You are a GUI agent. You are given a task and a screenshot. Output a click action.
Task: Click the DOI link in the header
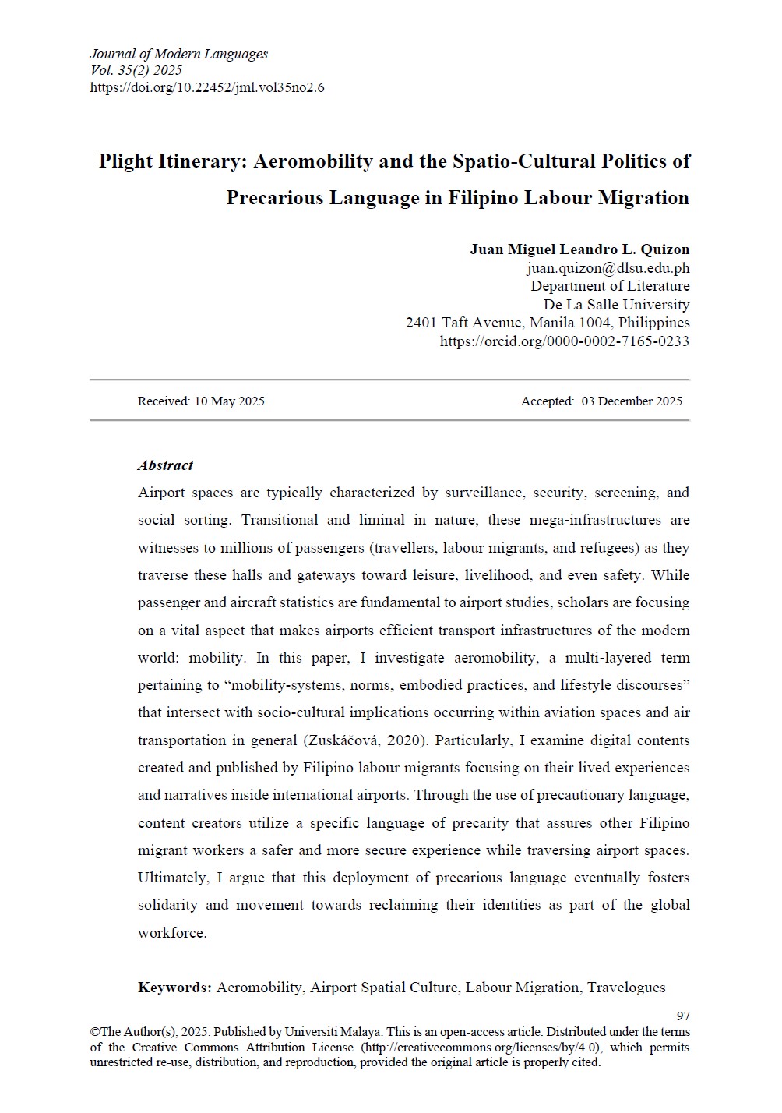click(207, 88)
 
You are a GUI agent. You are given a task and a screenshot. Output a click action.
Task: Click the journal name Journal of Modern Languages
click(178, 54)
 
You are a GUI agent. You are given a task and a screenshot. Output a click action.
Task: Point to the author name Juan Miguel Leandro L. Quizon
click(579, 249)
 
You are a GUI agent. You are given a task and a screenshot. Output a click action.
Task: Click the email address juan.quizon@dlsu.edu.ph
click(608, 268)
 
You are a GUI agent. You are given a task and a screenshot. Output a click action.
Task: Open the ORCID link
click(564, 341)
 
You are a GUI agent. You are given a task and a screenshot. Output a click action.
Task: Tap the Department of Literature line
click(610, 286)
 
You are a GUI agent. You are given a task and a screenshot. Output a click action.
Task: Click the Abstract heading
click(165, 465)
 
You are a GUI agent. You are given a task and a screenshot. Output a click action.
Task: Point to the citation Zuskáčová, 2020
click(368, 740)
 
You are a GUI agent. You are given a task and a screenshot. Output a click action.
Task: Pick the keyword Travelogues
click(626, 988)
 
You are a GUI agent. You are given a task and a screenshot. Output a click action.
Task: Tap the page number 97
click(683, 1016)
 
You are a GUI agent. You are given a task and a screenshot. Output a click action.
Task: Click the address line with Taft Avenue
click(548, 323)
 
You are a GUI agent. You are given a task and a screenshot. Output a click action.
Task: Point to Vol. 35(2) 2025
click(136, 71)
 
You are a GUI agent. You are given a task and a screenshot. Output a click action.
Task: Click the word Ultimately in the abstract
click(172, 878)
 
